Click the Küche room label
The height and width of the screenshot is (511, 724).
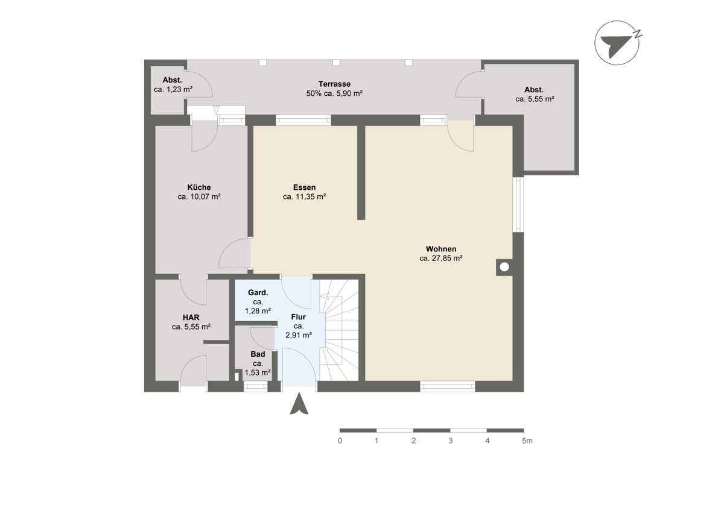point(199,187)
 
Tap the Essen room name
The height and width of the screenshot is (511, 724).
point(304,187)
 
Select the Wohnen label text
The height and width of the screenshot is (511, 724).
point(441,249)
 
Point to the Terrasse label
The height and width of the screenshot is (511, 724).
point(334,84)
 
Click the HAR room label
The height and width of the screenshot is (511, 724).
point(191,318)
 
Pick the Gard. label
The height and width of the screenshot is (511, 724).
point(258,292)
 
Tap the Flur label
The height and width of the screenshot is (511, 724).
point(298,317)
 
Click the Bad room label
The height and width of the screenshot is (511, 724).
point(258,354)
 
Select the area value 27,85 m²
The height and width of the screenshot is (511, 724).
point(447,259)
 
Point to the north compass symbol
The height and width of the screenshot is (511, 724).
point(618,43)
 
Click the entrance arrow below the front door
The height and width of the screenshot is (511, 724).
point(299,403)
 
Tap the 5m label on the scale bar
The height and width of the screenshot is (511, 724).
point(527,440)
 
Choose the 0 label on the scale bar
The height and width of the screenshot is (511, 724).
point(340,440)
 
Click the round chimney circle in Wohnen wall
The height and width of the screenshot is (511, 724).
point(504,267)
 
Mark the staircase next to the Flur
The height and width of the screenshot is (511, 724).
point(339,330)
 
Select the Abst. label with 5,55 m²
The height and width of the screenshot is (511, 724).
point(534,90)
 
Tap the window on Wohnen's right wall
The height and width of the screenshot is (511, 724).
point(518,204)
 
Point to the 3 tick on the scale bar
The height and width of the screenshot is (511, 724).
point(451,440)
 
